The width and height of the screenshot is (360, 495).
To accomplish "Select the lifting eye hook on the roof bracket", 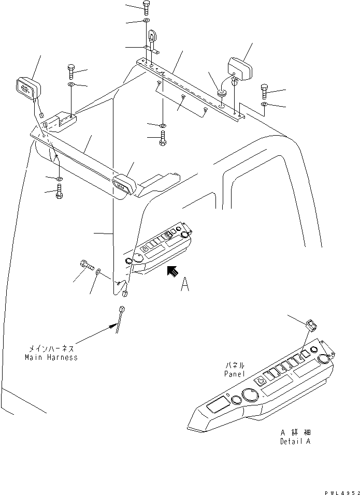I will (x=152, y=40).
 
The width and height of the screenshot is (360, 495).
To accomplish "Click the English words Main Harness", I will (x=51, y=357).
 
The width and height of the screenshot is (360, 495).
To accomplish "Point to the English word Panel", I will (x=234, y=373).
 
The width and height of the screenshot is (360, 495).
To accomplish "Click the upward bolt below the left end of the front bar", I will (x=59, y=192).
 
